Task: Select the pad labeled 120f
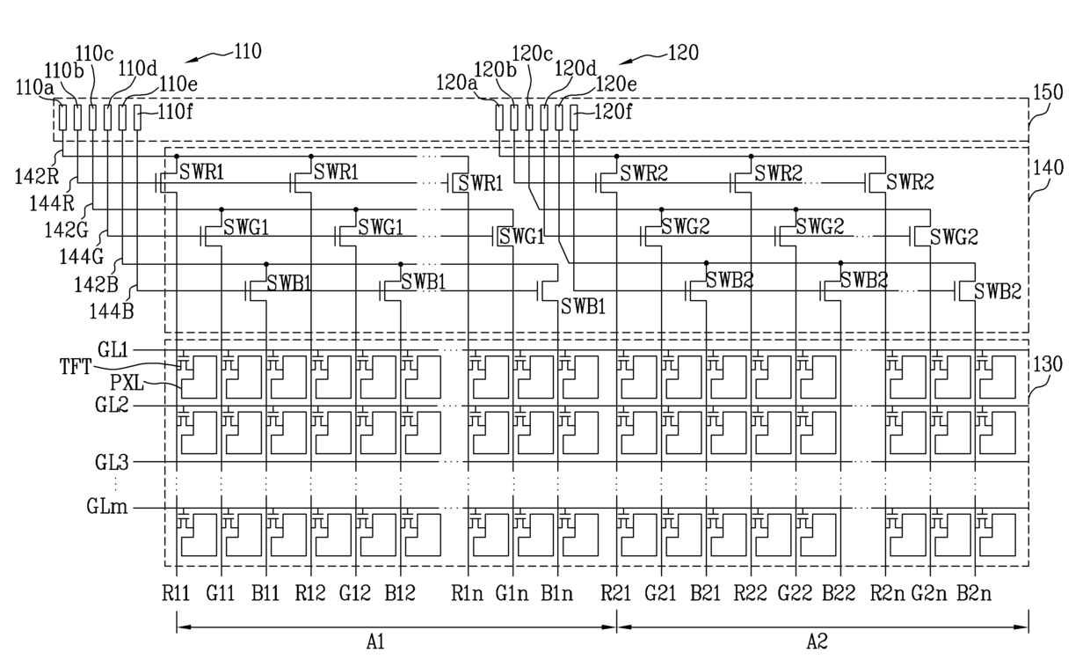coord(574,117)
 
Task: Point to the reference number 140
coord(1048,168)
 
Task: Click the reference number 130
coord(1048,364)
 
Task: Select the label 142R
coord(37,177)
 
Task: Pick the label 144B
coord(111,312)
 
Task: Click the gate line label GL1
coord(113,350)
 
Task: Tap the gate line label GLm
coord(107,507)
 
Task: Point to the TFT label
coord(76,367)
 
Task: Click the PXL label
coord(127,383)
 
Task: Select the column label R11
coord(176,593)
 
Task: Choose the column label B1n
coord(556,593)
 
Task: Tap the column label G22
coord(796,593)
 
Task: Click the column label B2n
coord(974,593)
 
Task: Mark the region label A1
coord(375,642)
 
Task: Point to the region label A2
coord(817,642)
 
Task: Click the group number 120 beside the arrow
coord(684,53)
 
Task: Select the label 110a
coord(35,88)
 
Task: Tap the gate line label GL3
coord(112,462)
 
